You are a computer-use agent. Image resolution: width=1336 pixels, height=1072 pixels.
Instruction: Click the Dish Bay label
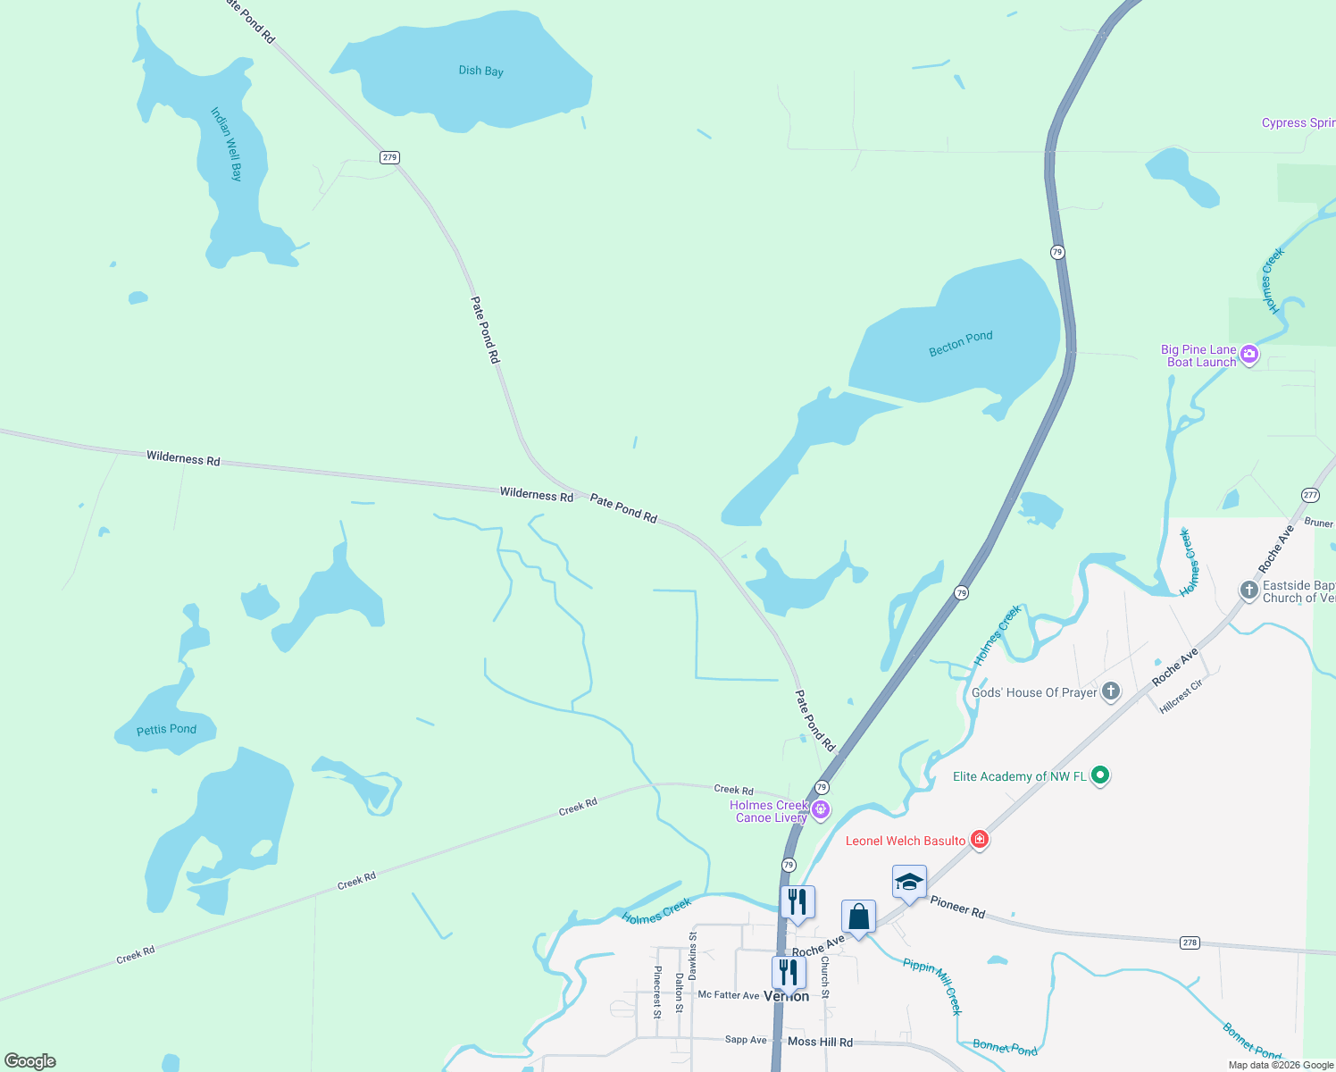pos(481,71)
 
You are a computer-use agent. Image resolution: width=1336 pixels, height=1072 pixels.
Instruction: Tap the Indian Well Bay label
pos(226,144)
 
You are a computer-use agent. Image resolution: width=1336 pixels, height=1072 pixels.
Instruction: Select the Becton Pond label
pos(960,343)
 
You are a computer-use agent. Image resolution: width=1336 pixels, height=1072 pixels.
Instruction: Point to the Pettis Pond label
pos(166,730)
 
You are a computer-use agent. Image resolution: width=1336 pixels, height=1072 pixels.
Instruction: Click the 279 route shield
pos(389,157)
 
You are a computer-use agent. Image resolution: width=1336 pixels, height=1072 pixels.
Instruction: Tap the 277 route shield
pos(1310,495)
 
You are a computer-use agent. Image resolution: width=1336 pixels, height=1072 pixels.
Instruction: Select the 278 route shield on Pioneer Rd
pos(1189,942)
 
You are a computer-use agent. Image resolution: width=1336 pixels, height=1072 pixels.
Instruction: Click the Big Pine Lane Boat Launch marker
pos(1249,355)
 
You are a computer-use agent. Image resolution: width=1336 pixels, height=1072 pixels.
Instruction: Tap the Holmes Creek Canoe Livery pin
pos(821,809)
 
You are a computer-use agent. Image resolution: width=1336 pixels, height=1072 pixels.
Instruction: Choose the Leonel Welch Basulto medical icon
pos(980,839)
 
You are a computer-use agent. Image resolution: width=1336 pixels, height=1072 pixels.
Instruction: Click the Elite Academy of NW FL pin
pos(1100,775)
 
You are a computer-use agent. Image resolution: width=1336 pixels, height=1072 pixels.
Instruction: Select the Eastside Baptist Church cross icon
pos(1248,590)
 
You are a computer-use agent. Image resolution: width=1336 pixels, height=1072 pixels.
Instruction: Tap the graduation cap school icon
pos(909,883)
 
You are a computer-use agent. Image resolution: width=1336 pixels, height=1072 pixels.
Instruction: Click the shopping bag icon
pos(858,917)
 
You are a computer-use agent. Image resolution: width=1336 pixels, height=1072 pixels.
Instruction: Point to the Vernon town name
pos(787,996)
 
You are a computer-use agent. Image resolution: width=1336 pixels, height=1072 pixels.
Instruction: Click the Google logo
pos(30,1061)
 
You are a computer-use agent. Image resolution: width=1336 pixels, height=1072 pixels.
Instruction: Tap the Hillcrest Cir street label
pos(1181,696)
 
